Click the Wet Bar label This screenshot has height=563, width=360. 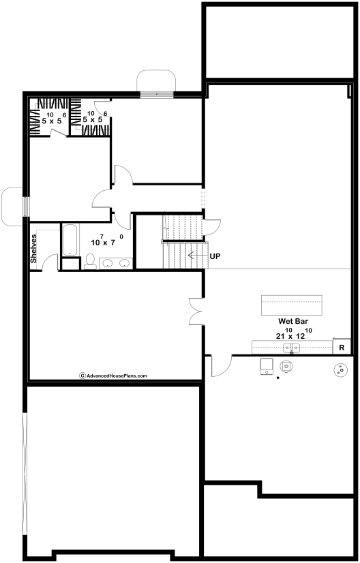292,321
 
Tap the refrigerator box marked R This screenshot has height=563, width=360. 342,347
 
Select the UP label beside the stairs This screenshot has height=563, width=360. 215,256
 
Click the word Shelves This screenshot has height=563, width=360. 33,249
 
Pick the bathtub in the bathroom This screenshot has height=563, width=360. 70,240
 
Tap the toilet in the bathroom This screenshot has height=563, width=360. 90,262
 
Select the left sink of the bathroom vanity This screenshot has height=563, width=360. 108,263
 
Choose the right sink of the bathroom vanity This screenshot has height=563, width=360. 124,263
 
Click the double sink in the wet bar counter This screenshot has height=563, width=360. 291,348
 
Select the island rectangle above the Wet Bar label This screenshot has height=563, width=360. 291,305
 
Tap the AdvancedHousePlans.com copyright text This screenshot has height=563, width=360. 113,376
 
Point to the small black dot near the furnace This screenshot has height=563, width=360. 277,378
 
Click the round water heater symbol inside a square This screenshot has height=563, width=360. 286,366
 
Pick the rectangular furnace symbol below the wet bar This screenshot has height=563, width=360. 267,366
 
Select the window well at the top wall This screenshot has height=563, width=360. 156,81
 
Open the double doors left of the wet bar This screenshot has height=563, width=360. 196,311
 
